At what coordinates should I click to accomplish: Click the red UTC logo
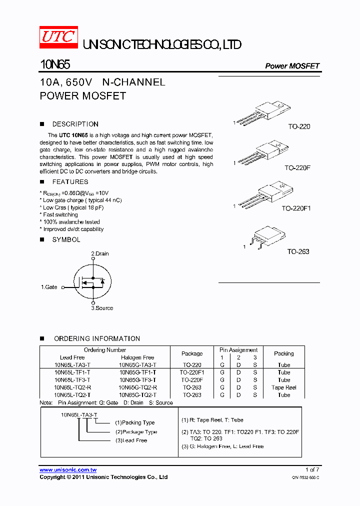[58, 37]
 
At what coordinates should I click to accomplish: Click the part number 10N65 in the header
[55, 65]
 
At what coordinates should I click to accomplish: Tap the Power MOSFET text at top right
[292, 66]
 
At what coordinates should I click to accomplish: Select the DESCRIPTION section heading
[75, 124]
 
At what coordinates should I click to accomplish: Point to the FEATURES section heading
[70, 182]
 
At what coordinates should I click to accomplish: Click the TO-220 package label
[299, 126]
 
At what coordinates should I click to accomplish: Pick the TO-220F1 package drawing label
[296, 208]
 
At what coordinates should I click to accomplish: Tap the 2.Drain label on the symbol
[100, 253]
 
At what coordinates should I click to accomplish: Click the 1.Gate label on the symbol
[49, 287]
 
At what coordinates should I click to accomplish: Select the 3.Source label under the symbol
[102, 308]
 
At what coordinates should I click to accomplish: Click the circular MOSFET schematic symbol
[92, 282]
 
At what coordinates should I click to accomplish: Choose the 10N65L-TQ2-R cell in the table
[72, 387]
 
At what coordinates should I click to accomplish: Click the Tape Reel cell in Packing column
[283, 387]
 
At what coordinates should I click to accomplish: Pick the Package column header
[192, 353]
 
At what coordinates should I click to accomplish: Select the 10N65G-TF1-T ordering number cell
[137, 372]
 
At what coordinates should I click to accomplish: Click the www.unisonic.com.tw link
[68, 470]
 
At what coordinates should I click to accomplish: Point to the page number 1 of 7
[312, 470]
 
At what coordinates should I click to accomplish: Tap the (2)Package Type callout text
[136, 431]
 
